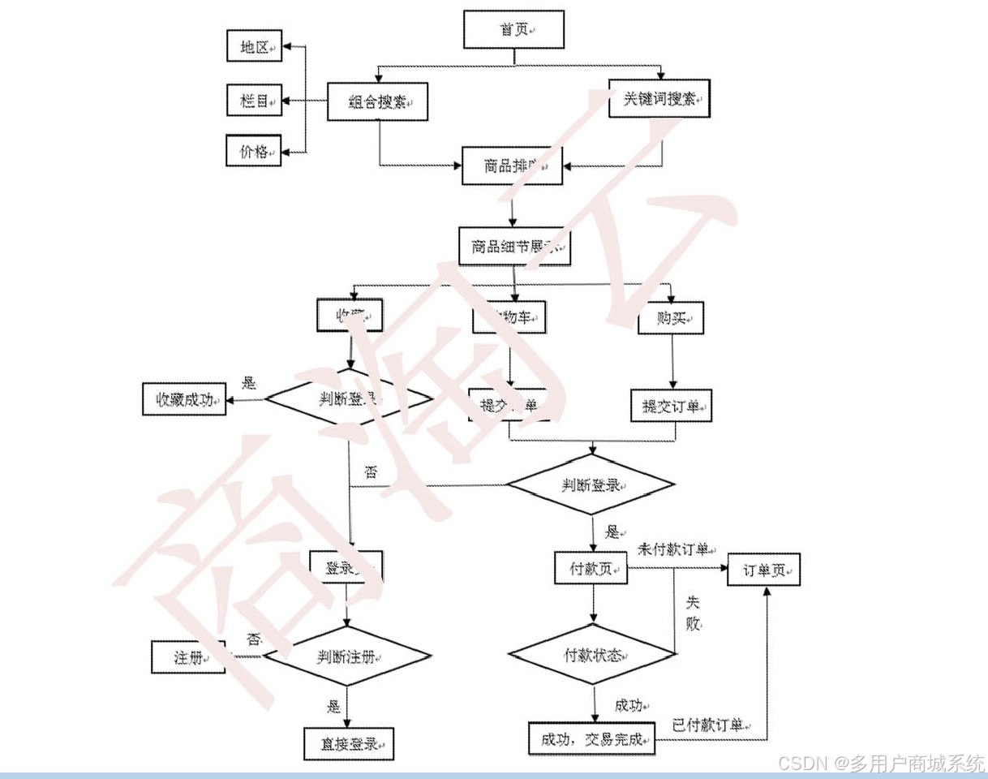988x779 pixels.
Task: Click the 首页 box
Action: pyautogui.click(x=513, y=29)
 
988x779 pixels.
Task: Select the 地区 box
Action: pyautogui.click(x=253, y=47)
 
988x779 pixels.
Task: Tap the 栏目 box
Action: pyautogui.click(x=253, y=101)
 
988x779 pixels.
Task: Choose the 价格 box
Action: pyautogui.click(x=253, y=151)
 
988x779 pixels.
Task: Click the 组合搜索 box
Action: pyautogui.click(x=377, y=101)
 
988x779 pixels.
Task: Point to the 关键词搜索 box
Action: pyautogui.click(x=659, y=98)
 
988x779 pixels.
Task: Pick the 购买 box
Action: pyautogui.click(x=670, y=317)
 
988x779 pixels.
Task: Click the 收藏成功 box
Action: pyautogui.click(x=184, y=398)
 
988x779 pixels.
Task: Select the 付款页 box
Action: pyautogui.click(x=591, y=568)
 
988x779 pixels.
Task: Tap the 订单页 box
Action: pyautogui.click(x=763, y=570)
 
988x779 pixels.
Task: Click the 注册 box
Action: pyautogui.click(x=188, y=656)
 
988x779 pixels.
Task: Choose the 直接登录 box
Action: pyautogui.click(x=348, y=743)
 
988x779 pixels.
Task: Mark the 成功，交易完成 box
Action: pyautogui.click(x=591, y=739)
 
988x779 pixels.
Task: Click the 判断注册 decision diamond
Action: pyautogui.click(x=347, y=656)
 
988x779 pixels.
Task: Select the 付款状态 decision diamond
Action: pyautogui.click(x=593, y=655)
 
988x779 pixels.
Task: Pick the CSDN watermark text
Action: pyautogui.click(x=880, y=763)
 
